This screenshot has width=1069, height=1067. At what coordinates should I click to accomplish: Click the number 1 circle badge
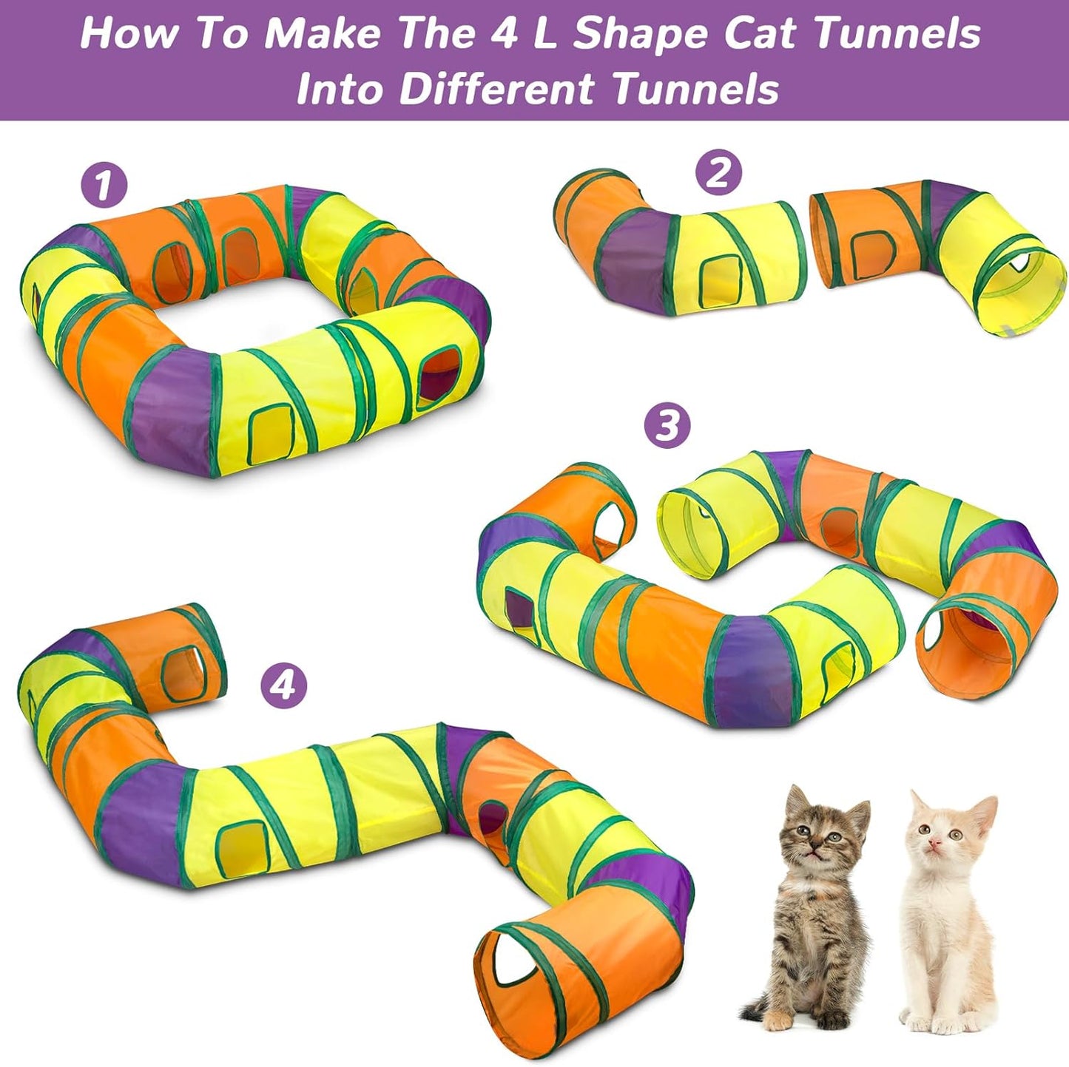point(104,185)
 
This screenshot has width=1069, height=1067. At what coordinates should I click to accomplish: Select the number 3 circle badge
point(667,426)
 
